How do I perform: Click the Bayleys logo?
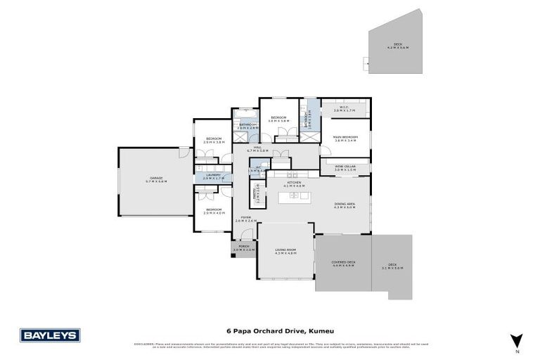(49, 335)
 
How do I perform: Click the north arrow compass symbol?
(516, 340)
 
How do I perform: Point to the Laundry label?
(214, 176)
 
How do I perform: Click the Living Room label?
(286, 250)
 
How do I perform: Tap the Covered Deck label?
(344, 264)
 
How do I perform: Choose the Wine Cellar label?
(345, 167)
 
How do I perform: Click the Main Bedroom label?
(346, 139)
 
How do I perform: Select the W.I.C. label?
(345, 110)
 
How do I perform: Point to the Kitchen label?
(294, 184)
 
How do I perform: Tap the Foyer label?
(243, 219)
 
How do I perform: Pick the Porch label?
(243, 247)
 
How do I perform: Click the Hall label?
(254, 148)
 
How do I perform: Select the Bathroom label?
(247, 126)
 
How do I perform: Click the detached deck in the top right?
(397, 47)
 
